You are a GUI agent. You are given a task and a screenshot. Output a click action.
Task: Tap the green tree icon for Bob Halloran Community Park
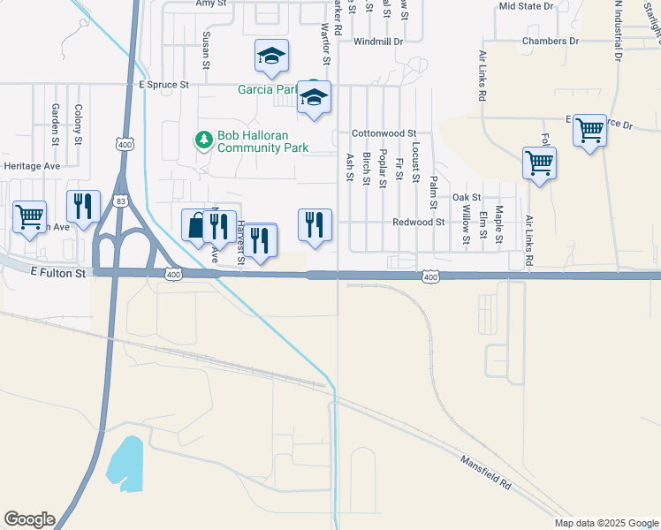(x=203, y=140)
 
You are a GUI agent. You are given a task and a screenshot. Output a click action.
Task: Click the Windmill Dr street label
(x=377, y=42)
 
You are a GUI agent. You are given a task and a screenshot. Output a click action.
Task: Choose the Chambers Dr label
(x=550, y=42)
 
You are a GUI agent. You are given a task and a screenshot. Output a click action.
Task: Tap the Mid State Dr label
(x=527, y=5)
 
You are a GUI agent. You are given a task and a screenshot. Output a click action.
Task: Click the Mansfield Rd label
(x=485, y=473)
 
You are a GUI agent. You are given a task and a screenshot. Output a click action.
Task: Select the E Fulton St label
(x=58, y=274)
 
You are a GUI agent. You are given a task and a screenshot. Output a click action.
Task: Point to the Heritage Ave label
(x=32, y=166)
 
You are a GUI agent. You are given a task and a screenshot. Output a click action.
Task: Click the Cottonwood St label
(x=384, y=133)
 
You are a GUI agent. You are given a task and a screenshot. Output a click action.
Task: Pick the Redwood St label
(x=418, y=223)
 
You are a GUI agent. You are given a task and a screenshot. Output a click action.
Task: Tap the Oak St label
(x=466, y=197)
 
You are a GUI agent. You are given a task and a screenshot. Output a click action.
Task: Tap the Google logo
(x=29, y=519)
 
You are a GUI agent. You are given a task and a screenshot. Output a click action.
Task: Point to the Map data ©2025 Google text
(x=606, y=523)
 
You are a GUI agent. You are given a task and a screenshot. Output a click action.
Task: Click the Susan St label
(x=206, y=49)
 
